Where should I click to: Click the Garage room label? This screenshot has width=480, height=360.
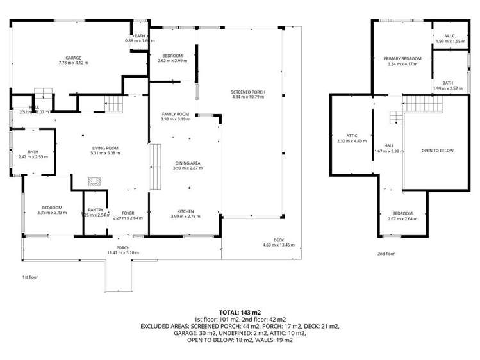pyautogui.click(x=73, y=58)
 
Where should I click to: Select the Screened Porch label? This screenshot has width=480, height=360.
pyautogui.click(x=248, y=92)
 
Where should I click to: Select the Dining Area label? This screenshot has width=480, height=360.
pyautogui.click(x=188, y=163)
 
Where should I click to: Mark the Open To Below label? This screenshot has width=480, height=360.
pyautogui.click(x=437, y=151)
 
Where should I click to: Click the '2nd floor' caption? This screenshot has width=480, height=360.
pyautogui.click(x=386, y=254)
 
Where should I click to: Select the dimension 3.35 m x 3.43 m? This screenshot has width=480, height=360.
pyautogui.click(x=52, y=212)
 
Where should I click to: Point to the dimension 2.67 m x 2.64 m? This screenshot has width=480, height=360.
pyautogui.click(x=402, y=218)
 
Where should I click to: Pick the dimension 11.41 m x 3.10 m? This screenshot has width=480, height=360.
pyautogui.click(x=122, y=252)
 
